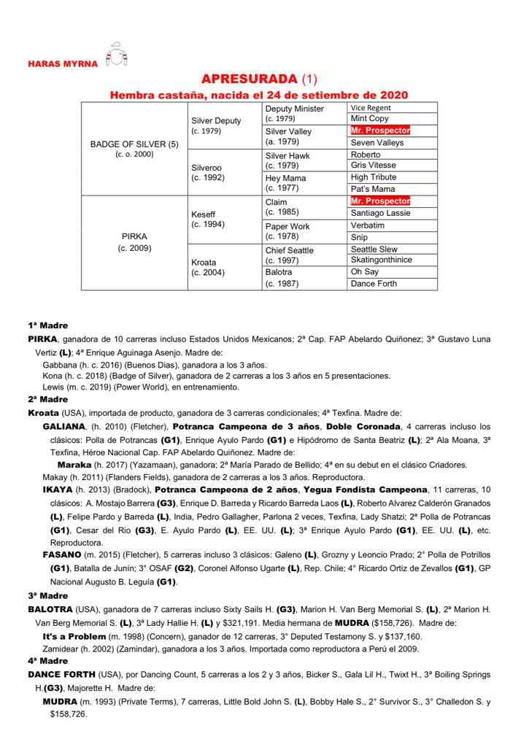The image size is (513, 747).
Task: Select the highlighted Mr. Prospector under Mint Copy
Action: tap(380, 131)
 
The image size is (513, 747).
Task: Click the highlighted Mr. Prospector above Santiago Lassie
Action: tap(380, 201)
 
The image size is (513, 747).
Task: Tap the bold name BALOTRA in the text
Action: tap(50, 608)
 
